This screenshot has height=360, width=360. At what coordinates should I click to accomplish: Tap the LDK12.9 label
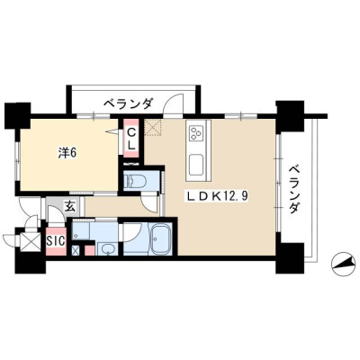(218, 196)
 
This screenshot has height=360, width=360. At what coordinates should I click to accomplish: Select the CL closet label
(131, 139)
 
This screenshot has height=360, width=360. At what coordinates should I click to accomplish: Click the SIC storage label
(56, 241)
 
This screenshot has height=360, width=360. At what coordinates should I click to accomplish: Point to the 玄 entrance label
(70, 206)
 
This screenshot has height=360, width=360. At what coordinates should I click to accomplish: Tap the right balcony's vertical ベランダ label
(295, 189)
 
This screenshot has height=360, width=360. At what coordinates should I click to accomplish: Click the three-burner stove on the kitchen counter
(196, 132)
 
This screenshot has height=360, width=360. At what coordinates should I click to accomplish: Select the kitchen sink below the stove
(197, 166)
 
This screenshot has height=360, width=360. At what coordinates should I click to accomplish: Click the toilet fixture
(136, 181)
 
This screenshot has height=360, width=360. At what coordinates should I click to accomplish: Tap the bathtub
(162, 238)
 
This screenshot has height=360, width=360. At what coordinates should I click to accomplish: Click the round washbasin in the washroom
(107, 248)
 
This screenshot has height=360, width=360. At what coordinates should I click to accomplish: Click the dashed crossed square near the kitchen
(153, 128)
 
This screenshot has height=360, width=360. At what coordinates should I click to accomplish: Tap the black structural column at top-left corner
(18, 115)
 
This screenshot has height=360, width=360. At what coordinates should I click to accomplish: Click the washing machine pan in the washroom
(81, 230)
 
